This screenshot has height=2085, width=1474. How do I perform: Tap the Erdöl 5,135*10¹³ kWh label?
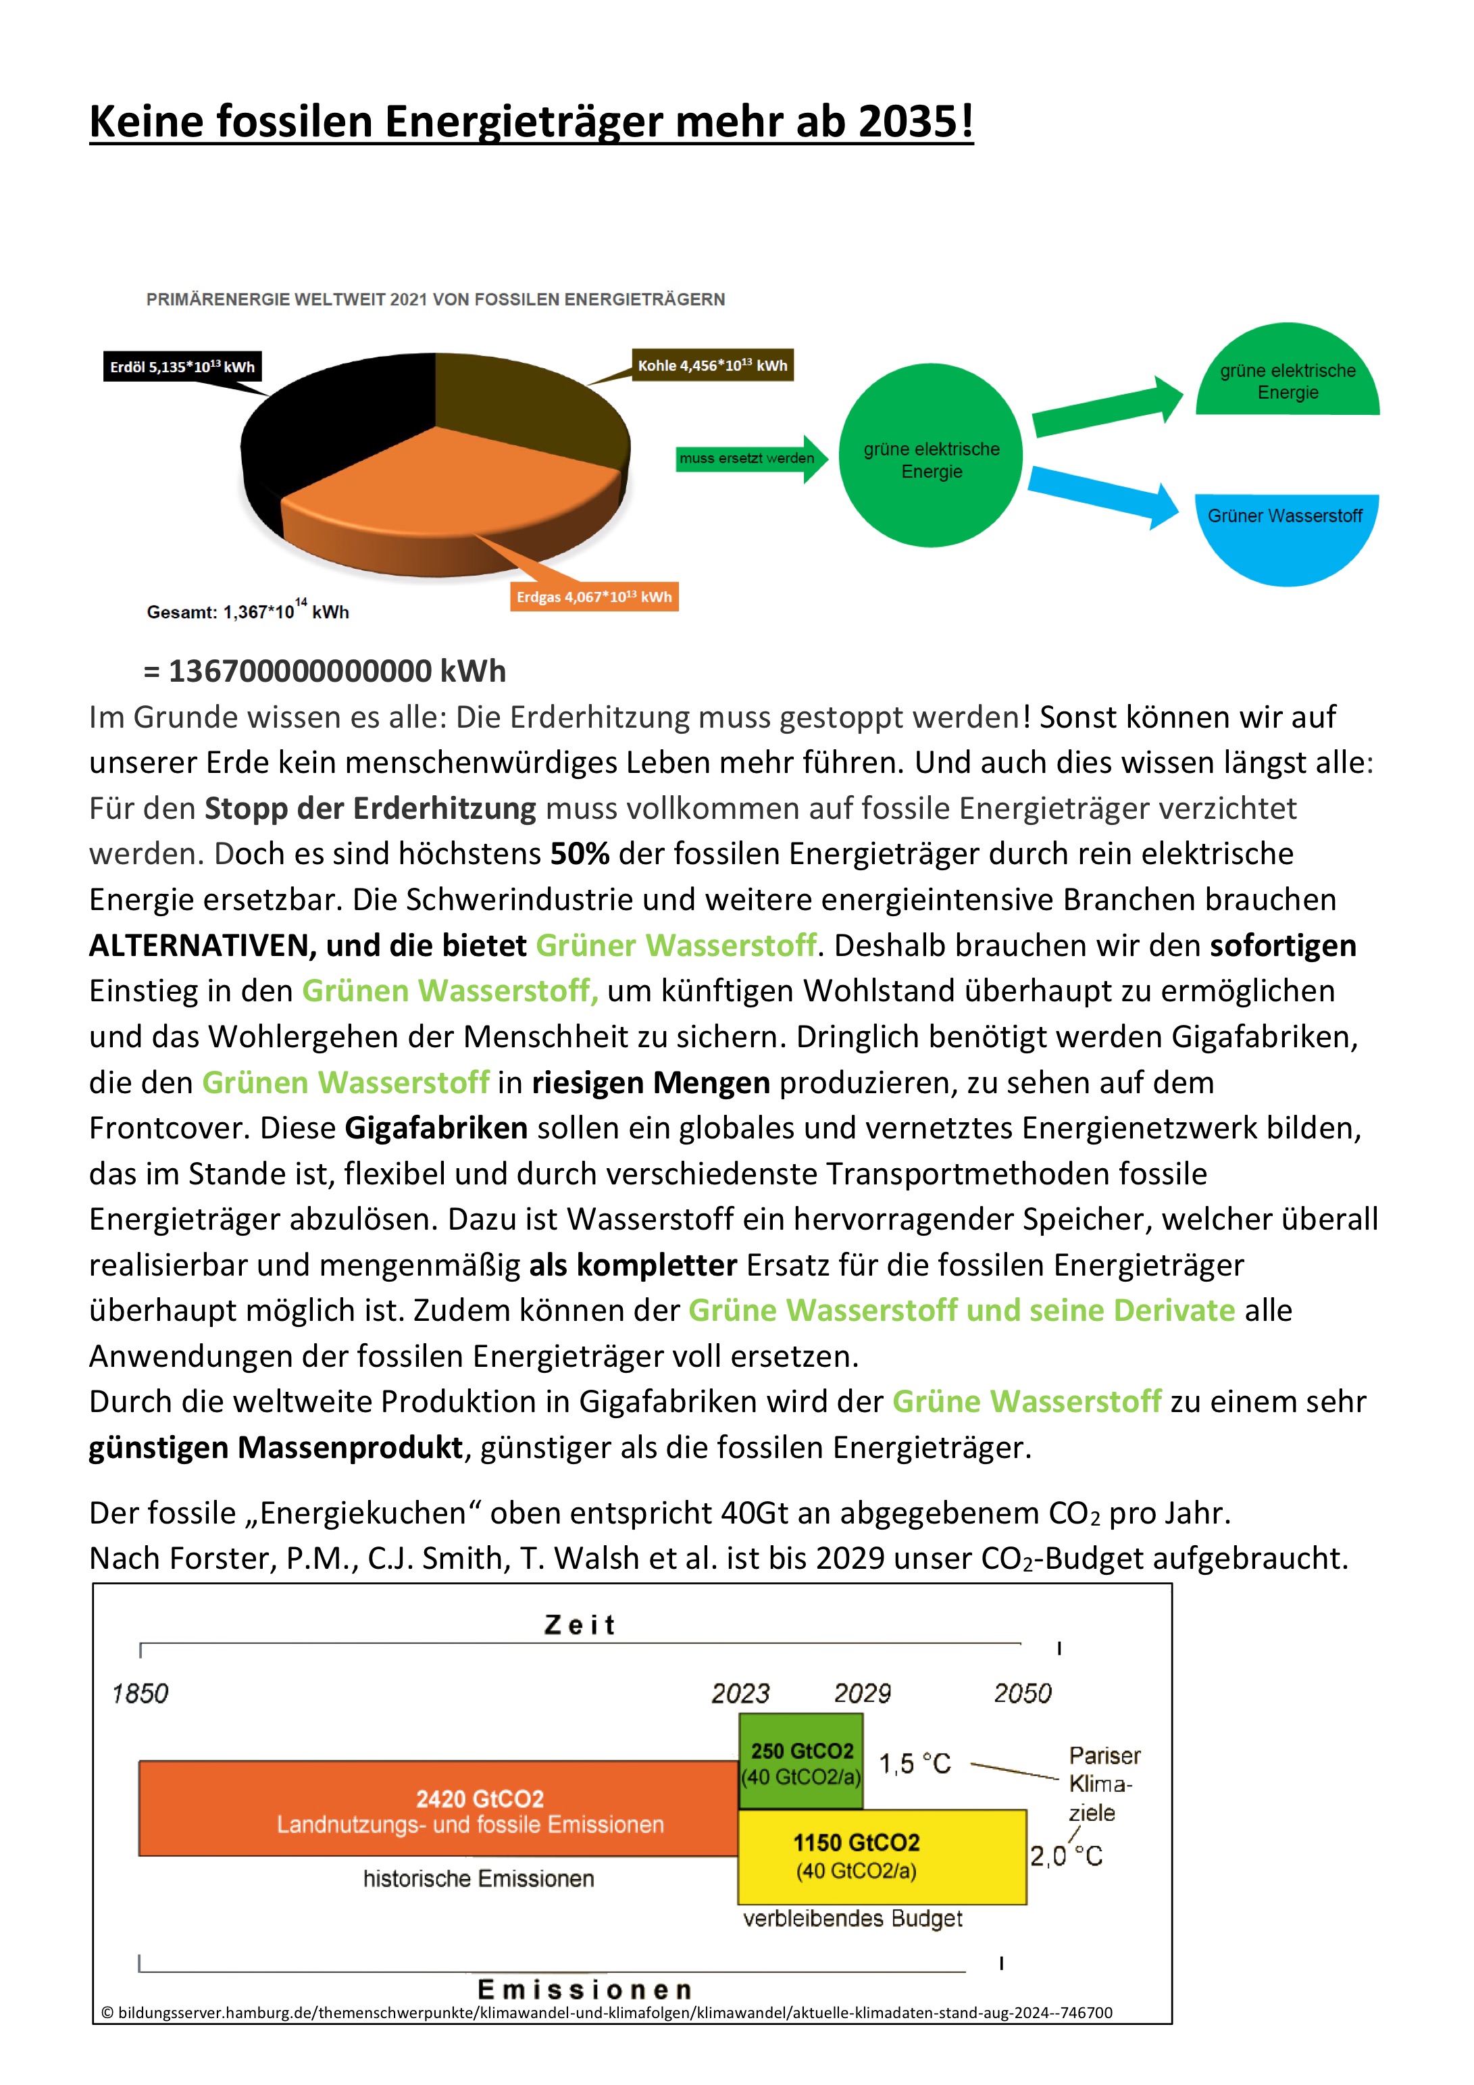182,367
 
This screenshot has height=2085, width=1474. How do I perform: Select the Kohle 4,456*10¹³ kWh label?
712,365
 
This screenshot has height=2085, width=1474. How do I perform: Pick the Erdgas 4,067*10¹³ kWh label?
594,597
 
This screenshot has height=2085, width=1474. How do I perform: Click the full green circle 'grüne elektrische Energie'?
931,456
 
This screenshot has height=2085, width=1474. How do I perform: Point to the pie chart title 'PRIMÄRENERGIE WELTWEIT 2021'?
435,300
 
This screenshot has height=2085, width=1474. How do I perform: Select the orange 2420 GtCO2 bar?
438,1809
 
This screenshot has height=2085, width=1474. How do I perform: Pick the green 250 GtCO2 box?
801,1762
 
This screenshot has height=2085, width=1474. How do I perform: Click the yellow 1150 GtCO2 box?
881,1856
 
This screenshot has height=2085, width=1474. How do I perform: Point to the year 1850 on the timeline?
140,1694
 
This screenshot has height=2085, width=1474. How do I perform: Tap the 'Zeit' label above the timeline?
580,1626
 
